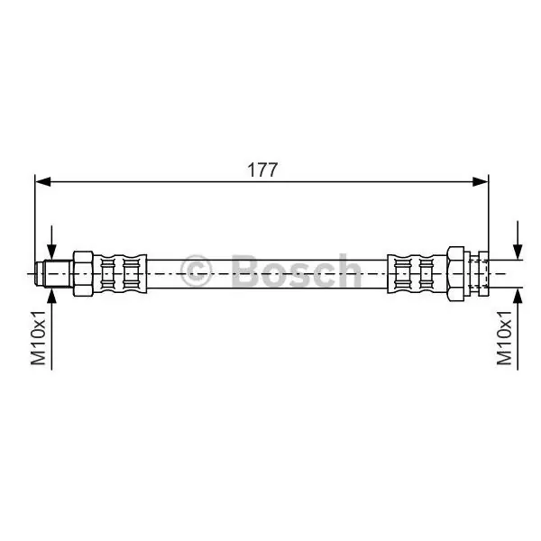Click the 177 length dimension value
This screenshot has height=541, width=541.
262,170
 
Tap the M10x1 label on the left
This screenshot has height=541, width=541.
38,337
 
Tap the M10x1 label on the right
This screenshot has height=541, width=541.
504,337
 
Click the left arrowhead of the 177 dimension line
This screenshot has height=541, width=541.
43,182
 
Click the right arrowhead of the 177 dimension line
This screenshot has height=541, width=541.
481,182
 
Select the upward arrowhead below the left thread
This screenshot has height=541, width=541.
51,296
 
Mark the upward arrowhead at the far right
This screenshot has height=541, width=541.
518,296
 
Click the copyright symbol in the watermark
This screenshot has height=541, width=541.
196,271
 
